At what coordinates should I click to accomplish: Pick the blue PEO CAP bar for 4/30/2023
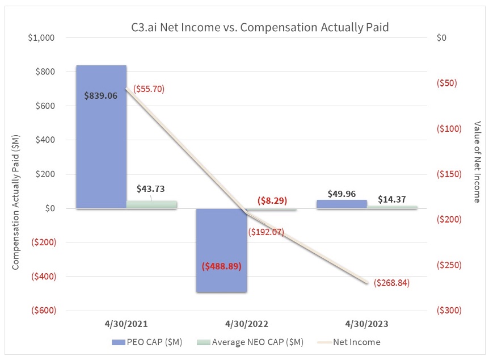click(x=342, y=204)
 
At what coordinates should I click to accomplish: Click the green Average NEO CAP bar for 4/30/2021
click(x=151, y=204)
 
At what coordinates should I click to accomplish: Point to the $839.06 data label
click(x=100, y=96)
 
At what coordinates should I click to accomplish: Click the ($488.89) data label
click(x=221, y=266)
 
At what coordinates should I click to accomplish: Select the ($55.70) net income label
click(x=149, y=89)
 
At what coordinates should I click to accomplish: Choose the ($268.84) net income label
click(x=391, y=282)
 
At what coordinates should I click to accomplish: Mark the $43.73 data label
click(x=151, y=189)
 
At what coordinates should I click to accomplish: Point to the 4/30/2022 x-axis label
click(x=247, y=324)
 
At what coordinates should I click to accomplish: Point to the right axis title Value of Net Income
click(x=477, y=162)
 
